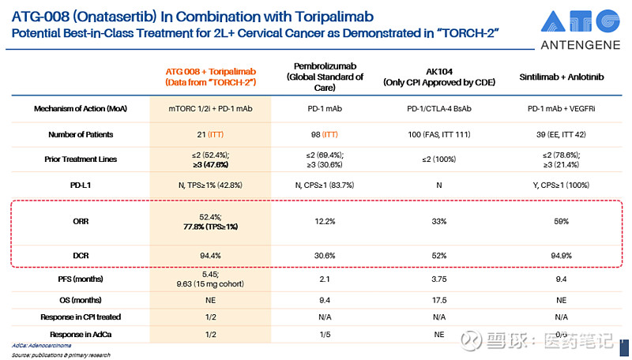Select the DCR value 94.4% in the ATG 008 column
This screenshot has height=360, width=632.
[x=209, y=257]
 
